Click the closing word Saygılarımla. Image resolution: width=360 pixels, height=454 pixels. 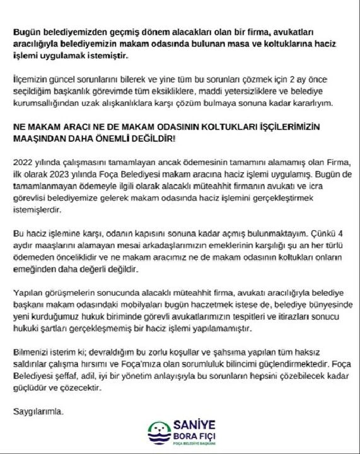pyautogui.click(x=39, y=412)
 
